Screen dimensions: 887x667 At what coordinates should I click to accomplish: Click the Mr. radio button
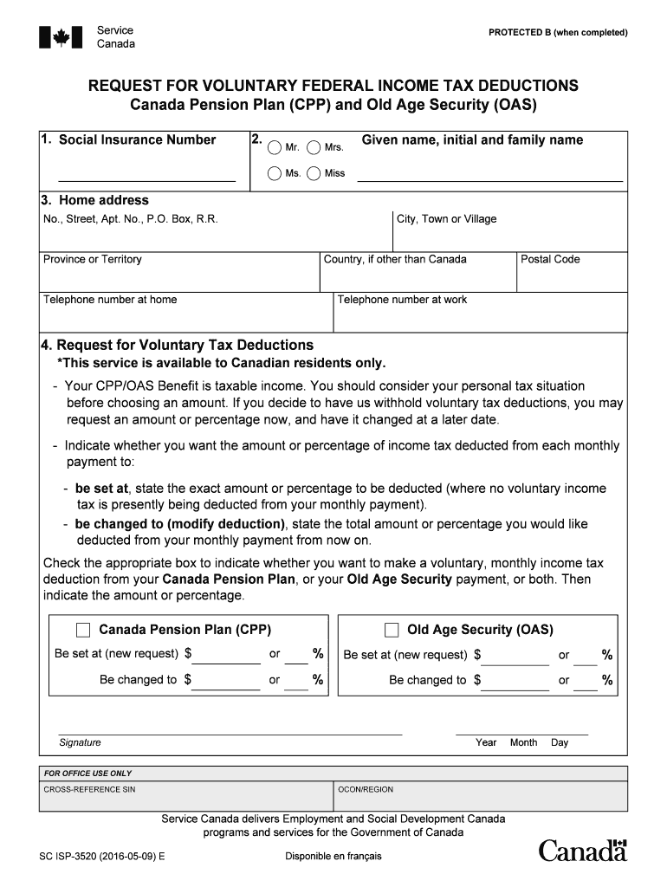pos(274,147)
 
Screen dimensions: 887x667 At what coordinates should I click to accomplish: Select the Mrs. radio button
pos(314,147)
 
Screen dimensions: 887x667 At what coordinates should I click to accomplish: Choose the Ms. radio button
pos(274,173)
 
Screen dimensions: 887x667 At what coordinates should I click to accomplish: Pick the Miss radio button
pos(314,173)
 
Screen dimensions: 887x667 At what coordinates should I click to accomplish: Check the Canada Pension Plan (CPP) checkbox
pos(84,630)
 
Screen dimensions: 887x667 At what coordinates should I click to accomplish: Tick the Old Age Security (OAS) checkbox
pos(392,630)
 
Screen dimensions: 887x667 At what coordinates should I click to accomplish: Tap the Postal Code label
pos(550,259)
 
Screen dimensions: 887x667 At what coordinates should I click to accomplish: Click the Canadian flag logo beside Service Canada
pos(62,37)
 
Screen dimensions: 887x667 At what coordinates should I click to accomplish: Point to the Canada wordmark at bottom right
pos(582,851)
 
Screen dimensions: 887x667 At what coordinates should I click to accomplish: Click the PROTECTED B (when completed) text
pos(558,33)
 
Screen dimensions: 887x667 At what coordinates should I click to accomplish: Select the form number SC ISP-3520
pos(102,857)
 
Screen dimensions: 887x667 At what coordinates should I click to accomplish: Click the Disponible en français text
pos(333,857)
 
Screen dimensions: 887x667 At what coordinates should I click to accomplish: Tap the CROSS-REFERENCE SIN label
pos(89,790)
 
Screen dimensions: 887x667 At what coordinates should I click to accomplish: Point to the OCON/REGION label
pos(365,790)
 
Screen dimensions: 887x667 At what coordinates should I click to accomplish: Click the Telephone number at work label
pos(402,300)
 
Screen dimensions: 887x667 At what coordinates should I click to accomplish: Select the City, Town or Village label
pos(446,219)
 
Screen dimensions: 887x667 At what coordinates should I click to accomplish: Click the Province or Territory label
pos(93,259)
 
